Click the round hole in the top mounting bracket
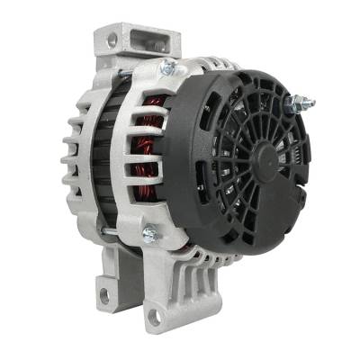[112, 40]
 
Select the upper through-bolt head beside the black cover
[166, 68]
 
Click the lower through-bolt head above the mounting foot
[148, 235]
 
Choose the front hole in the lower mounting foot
[156, 316]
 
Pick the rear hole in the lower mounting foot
[102, 294]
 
